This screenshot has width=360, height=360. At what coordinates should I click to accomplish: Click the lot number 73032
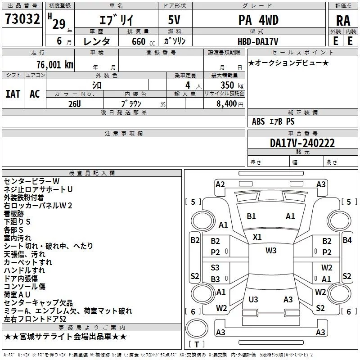pos(22,18)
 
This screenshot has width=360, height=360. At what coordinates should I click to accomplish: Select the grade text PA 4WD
pos(258,20)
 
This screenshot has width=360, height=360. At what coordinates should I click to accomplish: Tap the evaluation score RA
pos(343,21)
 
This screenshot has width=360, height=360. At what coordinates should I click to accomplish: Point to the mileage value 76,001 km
pos(55,65)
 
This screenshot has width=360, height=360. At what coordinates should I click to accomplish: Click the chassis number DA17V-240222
pos(302,143)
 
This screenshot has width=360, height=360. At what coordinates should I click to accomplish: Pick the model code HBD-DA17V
pos(258,41)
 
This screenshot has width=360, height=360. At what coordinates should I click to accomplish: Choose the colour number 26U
pos(75,104)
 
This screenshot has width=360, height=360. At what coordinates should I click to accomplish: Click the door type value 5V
pos(174,20)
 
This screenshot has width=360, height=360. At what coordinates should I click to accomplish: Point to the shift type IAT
pos(13,94)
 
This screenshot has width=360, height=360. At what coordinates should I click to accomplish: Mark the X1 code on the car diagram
pos(257,237)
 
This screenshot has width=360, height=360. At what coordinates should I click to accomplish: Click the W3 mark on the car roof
pos(271,251)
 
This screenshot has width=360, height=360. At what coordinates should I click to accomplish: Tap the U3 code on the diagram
pos(253,299)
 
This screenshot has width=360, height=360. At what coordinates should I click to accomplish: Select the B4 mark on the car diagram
pos(347,240)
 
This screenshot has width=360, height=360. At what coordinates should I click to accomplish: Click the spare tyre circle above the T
pos(197,329)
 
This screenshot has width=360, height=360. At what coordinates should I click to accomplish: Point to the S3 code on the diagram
pos(215,267)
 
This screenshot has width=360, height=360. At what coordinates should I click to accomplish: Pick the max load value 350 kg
pos(232,85)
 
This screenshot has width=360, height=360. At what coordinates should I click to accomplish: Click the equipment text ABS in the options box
pos(258,121)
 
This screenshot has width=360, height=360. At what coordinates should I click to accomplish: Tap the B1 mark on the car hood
pos(251,216)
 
